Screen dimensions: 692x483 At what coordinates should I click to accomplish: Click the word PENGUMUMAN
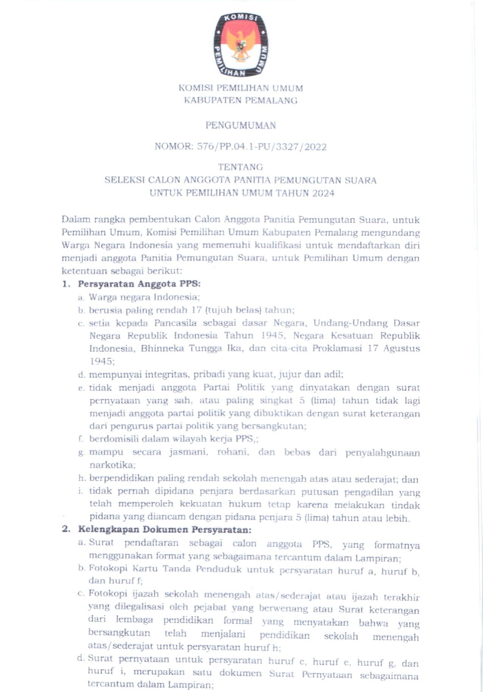pos(241,126)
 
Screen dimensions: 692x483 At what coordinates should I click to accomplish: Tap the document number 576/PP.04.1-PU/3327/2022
pos(262,147)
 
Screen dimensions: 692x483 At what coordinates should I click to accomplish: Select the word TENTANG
pos(241,167)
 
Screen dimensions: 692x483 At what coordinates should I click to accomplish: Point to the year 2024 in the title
pos(323,193)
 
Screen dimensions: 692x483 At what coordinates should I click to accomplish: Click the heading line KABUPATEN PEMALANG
pos(241,101)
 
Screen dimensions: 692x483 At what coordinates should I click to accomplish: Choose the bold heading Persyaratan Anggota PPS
pos(139,284)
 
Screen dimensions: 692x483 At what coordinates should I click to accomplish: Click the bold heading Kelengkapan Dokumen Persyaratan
pos(165,529)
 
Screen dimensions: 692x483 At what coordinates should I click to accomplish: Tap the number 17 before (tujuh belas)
pos(196,310)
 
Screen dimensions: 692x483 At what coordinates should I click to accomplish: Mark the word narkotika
pos(112,465)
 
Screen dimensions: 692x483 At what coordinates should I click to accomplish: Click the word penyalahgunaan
pos(382,453)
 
